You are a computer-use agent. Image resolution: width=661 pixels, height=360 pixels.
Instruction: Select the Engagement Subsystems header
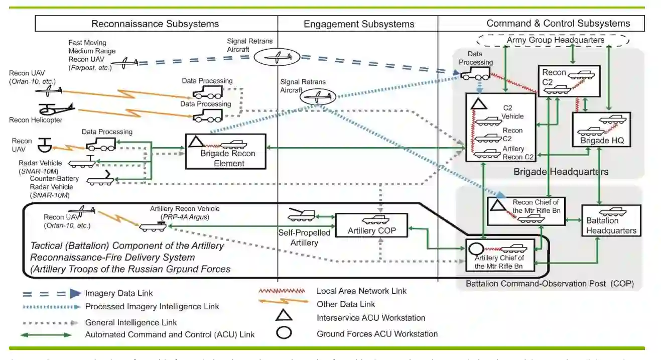359,24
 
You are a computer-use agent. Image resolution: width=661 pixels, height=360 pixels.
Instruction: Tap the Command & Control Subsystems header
558,23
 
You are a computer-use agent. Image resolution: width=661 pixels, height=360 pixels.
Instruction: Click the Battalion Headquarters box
610,221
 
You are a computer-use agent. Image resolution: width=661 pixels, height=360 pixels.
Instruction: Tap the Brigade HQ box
601,130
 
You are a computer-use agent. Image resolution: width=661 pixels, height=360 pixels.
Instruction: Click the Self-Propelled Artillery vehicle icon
301,215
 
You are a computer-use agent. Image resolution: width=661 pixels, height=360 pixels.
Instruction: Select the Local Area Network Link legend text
361,291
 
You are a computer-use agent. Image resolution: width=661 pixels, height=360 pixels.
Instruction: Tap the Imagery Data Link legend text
119,293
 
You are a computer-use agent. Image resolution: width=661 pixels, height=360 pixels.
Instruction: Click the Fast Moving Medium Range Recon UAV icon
123,62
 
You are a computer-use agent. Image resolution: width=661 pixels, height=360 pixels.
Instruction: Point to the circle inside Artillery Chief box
475,249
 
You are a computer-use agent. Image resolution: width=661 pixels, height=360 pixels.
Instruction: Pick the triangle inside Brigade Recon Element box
196,142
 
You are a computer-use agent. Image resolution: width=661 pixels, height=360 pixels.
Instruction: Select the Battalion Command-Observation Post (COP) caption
550,284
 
